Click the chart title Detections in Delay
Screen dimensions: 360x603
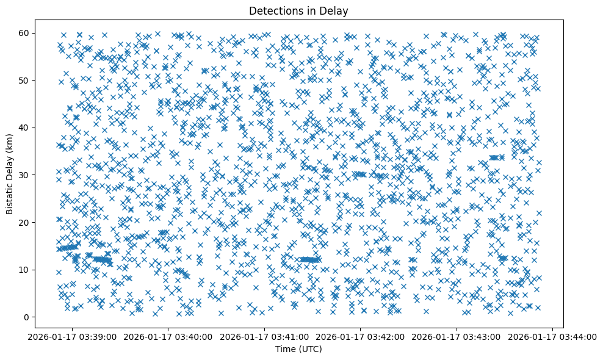298,10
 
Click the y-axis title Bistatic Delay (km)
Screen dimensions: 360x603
10,175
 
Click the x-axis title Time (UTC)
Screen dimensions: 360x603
298,350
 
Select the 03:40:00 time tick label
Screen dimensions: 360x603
169,336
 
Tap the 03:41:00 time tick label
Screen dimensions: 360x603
265,336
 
